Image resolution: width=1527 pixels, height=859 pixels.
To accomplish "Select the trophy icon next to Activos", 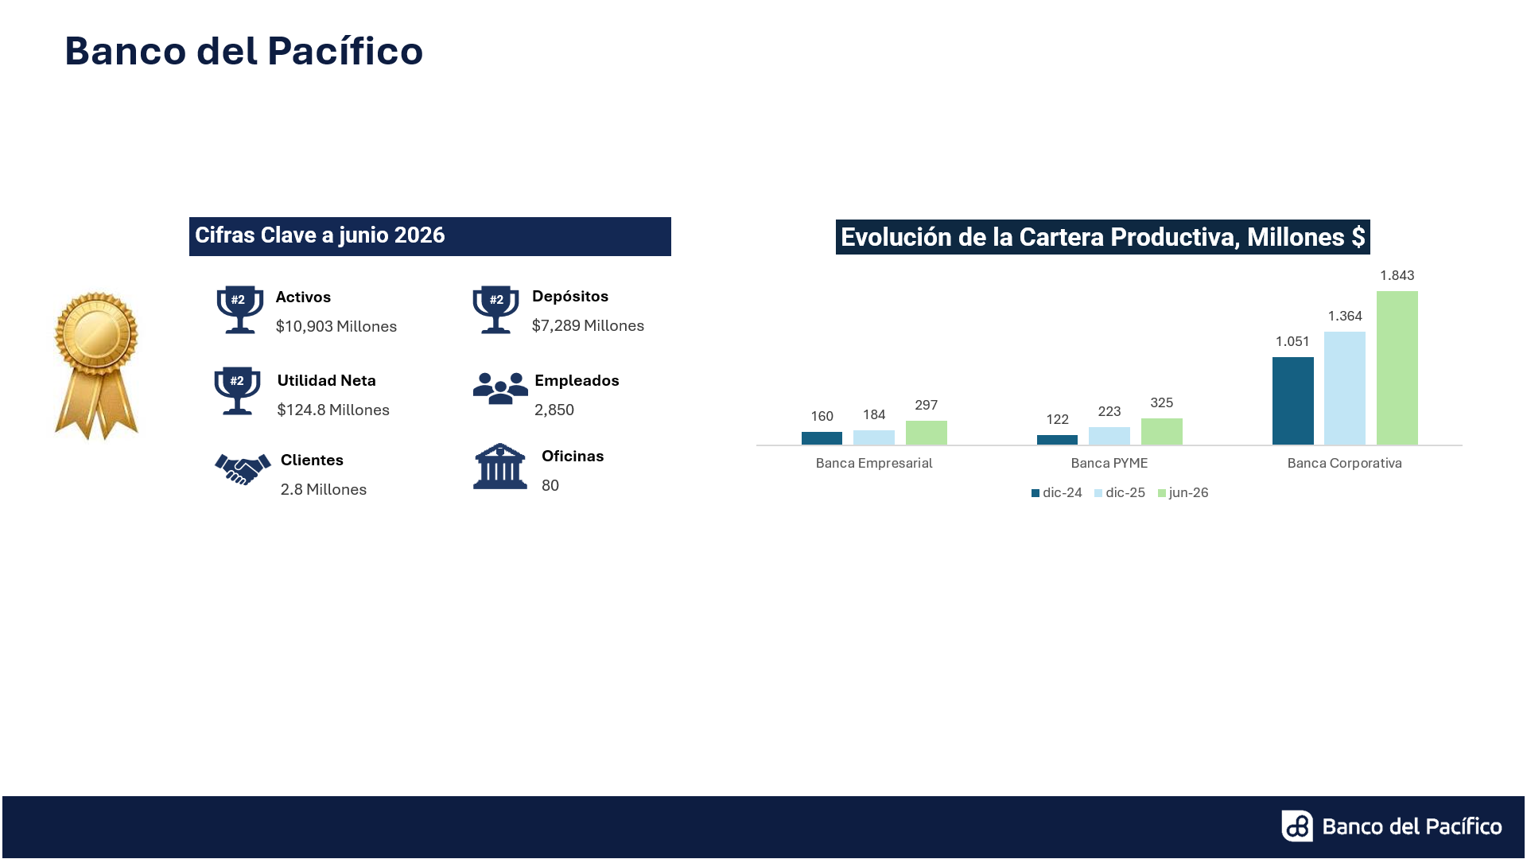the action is pos(239,309).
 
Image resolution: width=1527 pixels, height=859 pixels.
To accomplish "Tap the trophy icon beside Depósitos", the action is pos(495,309).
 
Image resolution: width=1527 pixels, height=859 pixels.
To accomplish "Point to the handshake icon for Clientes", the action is pos(243,469).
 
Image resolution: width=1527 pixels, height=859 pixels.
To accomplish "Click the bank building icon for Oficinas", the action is pos(500,466).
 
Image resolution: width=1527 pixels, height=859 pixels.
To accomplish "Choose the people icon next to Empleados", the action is pos(500,388).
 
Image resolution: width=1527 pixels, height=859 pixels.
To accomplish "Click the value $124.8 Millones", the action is pos(333,410).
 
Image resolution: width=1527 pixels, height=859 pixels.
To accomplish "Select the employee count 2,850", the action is pos(554,410).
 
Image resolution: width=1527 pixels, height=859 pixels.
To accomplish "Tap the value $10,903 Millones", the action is pos(336,326).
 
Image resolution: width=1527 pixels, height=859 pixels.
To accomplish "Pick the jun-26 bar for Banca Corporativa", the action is pos(1397,368).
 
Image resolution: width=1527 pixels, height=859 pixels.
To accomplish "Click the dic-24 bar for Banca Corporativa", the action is pos(1293,401).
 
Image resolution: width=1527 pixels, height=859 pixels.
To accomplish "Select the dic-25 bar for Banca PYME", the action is pos(1109,436).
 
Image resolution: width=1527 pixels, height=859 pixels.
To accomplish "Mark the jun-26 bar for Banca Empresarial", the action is pos(927,433).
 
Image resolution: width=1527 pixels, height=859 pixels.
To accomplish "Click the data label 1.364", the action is pos(1345,316).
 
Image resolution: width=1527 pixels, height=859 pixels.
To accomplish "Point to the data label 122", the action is pos(1057,419).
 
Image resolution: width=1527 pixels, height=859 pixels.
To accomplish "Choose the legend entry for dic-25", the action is pos(1120,493).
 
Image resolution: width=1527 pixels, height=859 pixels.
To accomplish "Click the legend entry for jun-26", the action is pos(1183,493).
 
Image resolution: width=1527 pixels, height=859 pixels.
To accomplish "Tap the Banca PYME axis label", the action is pos(1109,463).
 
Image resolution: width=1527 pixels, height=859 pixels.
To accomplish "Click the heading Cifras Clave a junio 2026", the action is pos(320,235).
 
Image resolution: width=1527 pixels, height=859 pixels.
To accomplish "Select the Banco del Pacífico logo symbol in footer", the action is pos(1297,826).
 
